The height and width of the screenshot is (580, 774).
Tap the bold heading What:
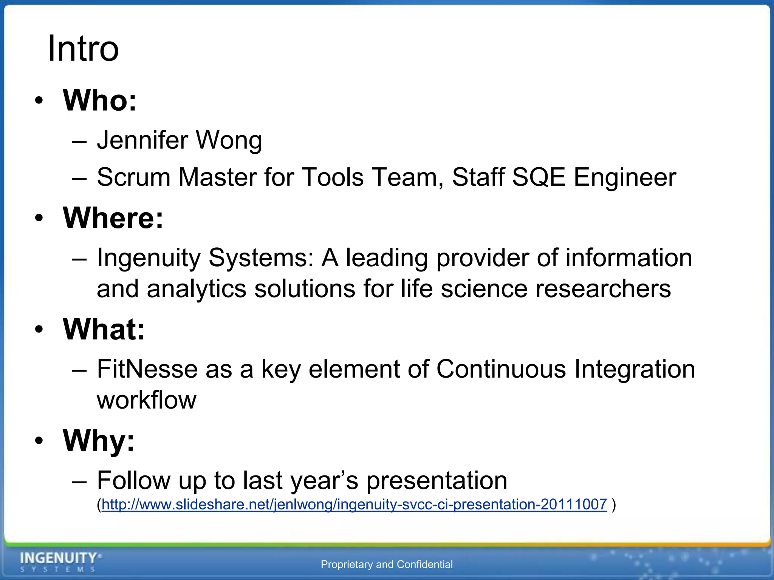104,329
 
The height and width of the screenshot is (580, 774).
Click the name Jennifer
142,140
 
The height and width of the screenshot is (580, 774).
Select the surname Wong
229,140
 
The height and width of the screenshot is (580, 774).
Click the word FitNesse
147,369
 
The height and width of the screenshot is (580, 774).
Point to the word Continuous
501,369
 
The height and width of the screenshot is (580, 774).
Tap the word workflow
147,400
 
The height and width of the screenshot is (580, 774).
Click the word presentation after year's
437,481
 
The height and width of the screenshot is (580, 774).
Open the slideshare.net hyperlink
354,504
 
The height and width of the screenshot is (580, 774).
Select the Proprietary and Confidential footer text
387,565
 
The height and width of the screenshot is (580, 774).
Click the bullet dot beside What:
39,330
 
